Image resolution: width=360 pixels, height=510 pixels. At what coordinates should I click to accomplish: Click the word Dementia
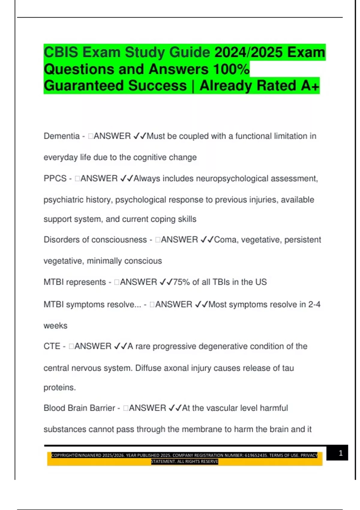tap(61, 136)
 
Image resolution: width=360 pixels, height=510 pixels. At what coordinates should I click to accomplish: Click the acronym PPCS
tap(55, 178)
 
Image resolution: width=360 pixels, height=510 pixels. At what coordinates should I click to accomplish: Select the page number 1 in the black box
tap(340, 453)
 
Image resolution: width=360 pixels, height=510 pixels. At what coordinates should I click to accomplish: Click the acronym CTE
tap(52, 346)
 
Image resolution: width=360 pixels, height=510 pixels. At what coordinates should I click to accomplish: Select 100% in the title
tap(231, 69)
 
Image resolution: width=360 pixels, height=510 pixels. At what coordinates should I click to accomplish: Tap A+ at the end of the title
tap(310, 85)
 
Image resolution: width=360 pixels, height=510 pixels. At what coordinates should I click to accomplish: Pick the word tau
tap(288, 368)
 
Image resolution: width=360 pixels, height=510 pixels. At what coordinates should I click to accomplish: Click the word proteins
tap(59, 388)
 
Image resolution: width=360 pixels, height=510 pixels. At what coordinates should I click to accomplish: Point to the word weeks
tap(55, 325)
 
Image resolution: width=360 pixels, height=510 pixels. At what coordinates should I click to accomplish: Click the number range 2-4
tap(314, 304)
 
